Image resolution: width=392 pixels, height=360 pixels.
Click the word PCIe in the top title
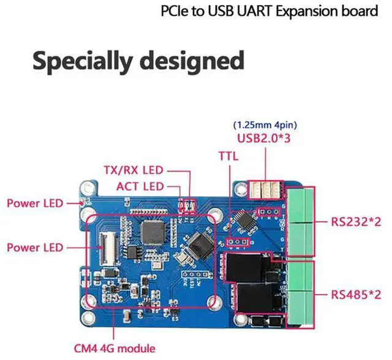coord(173,12)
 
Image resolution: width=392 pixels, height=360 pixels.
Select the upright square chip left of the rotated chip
coord(152,230)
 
